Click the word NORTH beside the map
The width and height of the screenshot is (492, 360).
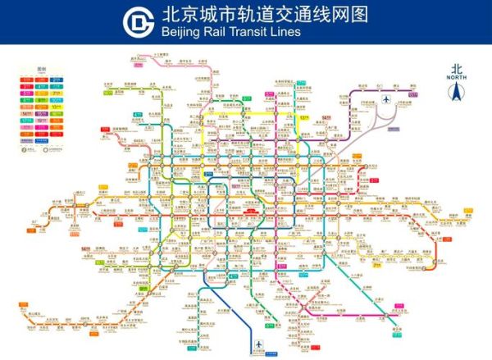pyautogui.click(x=458, y=78)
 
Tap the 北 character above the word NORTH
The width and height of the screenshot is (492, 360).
pyautogui.click(x=458, y=69)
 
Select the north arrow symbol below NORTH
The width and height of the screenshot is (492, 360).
pyautogui.click(x=458, y=92)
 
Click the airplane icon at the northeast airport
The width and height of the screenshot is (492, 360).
pyautogui.click(x=385, y=99)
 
